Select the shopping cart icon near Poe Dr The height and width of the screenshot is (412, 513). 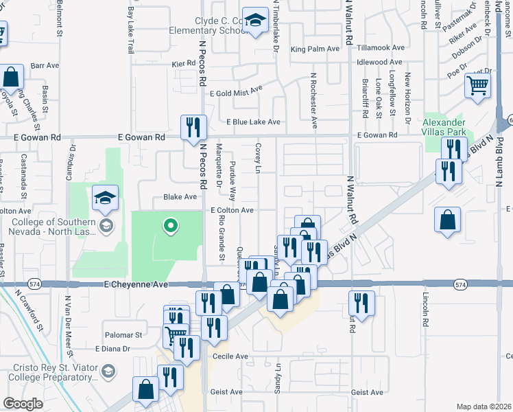pyautogui.click(x=477, y=86)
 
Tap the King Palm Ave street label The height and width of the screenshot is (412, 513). pyautogui.click(x=315, y=49)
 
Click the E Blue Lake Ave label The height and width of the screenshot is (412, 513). pyautogui.click(x=254, y=122)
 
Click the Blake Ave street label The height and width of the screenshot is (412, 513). pyautogui.click(x=180, y=196)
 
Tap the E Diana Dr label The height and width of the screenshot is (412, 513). pyautogui.click(x=112, y=349)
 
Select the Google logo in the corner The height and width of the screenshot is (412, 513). pyautogui.click(x=23, y=404)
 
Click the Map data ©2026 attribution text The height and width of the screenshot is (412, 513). pyautogui.click(x=484, y=407)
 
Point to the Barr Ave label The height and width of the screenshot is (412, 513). pyautogui.click(x=46, y=65)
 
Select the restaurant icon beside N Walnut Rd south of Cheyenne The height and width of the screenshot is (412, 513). pyautogui.click(x=361, y=302)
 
